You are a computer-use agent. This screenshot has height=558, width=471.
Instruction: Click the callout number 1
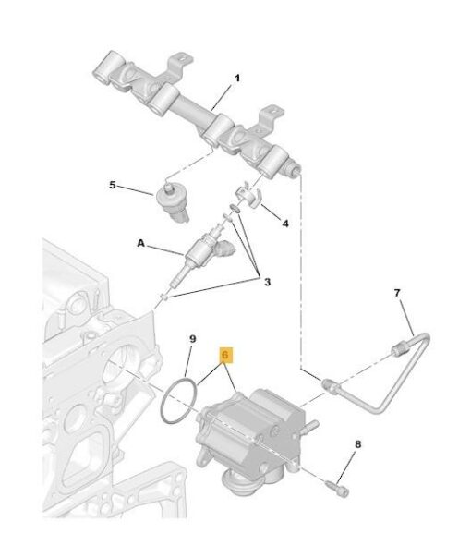tap(237, 78)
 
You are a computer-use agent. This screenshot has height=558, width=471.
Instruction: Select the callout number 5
tap(113, 185)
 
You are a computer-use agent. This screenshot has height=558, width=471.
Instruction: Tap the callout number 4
tap(285, 224)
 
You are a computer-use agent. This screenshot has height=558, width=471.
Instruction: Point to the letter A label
tap(141, 243)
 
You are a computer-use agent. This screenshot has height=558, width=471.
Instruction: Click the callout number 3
tap(267, 282)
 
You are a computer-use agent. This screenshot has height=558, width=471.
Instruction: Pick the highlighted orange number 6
tap(225, 355)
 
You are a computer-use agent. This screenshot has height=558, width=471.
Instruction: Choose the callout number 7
tap(397, 293)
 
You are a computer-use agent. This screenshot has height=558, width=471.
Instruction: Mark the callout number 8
tap(358, 444)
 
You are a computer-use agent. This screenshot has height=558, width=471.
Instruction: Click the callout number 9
tap(192, 339)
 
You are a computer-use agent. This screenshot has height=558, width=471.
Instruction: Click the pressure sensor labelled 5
tap(172, 201)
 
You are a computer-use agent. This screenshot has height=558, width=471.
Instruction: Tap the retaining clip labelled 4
tap(248, 197)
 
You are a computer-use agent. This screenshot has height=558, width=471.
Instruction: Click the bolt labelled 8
tap(337, 488)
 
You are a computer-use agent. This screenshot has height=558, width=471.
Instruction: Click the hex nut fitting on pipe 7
tap(398, 348)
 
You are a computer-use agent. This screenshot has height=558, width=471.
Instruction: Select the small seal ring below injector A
tap(164, 296)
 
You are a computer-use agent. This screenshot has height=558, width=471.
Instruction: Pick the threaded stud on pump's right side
tap(310, 426)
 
